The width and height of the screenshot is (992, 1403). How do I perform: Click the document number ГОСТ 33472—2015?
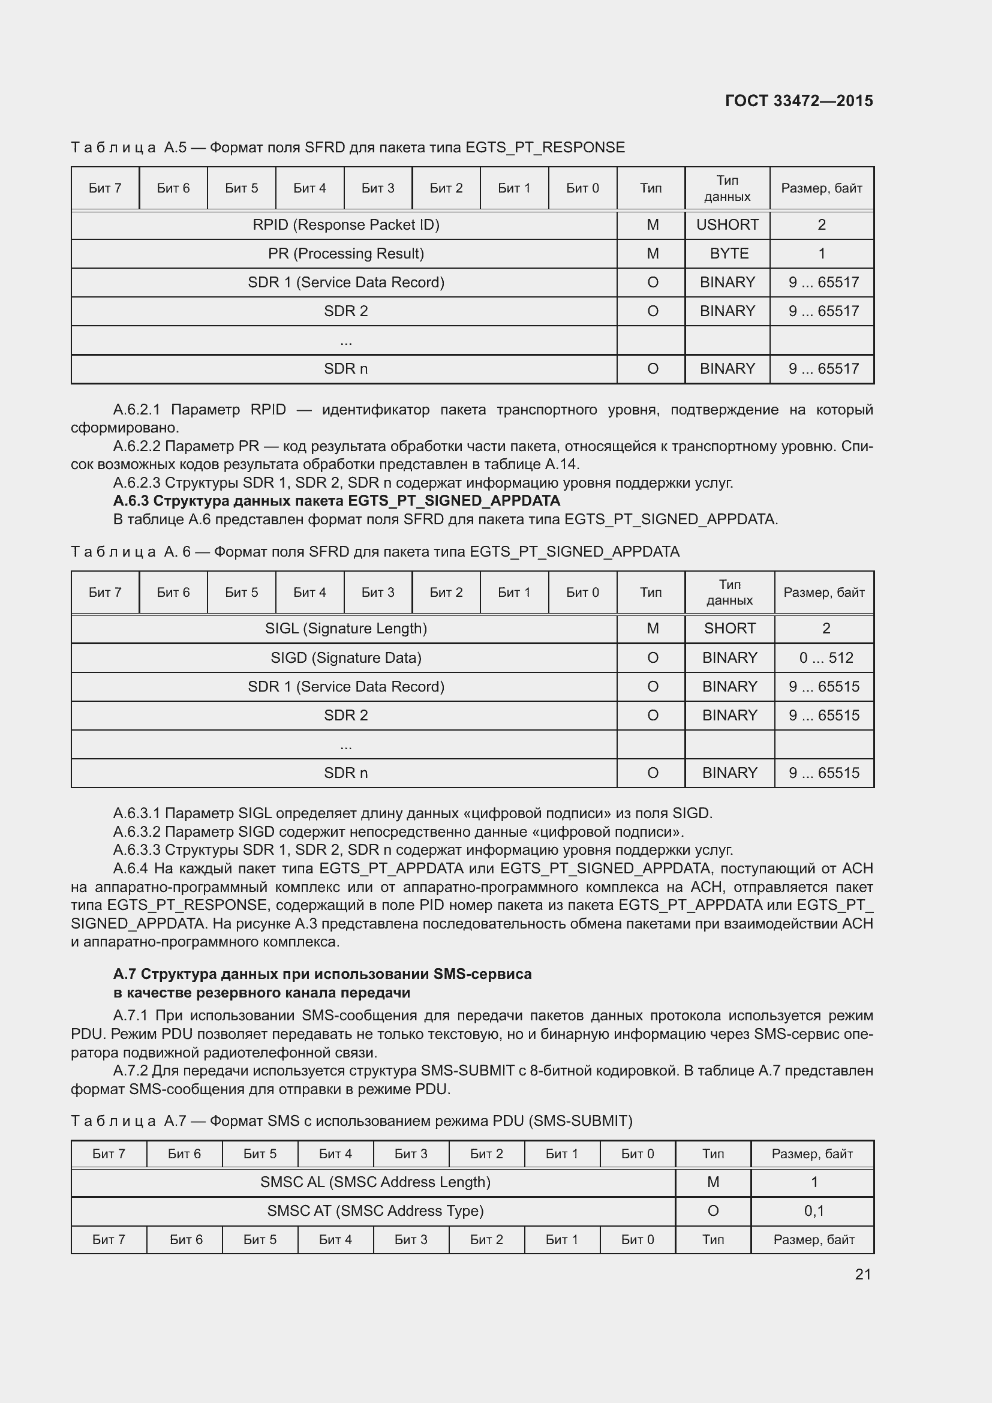point(798,101)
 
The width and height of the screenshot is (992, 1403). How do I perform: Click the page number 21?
point(862,1274)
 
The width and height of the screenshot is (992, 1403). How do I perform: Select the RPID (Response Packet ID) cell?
point(345,225)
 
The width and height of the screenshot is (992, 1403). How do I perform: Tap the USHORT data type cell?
point(727,225)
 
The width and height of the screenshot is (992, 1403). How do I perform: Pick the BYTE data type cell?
point(729,254)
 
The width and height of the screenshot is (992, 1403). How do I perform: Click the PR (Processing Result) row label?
point(345,254)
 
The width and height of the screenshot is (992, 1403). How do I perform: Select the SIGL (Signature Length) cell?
point(345,629)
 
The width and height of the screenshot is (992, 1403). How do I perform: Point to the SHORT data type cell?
point(729,629)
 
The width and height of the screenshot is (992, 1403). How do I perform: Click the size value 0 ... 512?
point(826,658)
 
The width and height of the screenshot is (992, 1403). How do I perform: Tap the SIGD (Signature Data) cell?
point(345,658)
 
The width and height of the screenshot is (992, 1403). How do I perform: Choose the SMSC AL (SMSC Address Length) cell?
point(375,1182)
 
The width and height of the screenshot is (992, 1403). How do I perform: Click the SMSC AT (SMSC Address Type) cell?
point(375,1211)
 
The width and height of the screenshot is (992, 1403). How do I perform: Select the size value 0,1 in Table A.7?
point(814,1211)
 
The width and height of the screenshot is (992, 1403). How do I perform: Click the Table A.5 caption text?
point(348,148)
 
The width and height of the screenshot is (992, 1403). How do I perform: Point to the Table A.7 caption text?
point(352,1121)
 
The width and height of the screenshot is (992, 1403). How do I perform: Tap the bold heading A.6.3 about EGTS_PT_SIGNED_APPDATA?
point(336,501)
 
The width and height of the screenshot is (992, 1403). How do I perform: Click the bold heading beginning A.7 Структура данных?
point(323,974)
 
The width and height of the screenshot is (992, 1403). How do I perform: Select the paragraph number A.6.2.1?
point(136,410)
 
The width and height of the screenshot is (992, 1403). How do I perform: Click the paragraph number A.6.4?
point(130,869)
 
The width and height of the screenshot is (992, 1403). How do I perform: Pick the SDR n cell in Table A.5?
point(345,369)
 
